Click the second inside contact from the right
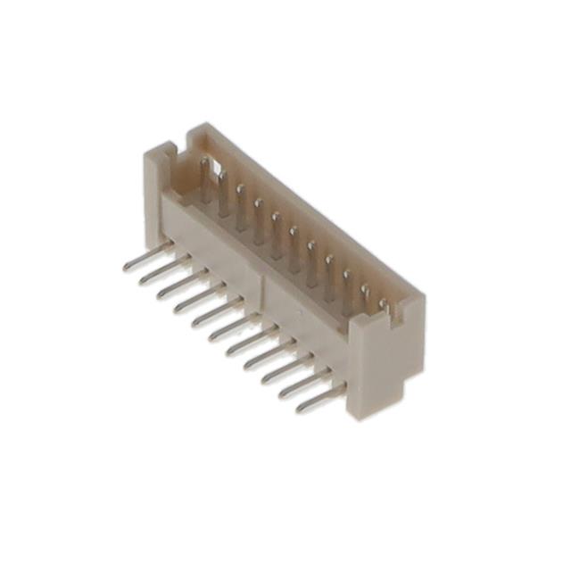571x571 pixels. coord(365,293)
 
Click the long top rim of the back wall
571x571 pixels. coord(303,206)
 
